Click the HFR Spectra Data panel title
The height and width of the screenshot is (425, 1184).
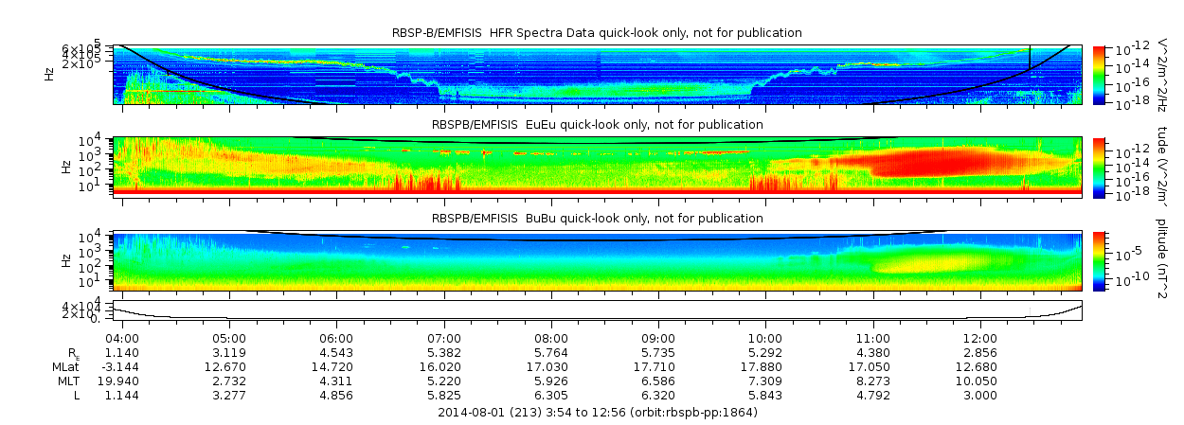click(x=597, y=33)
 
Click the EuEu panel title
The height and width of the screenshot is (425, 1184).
click(x=597, y=125)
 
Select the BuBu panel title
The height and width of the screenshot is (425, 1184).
click(x=597, y=219)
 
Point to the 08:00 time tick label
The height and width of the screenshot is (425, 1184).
click(x=551, y=338)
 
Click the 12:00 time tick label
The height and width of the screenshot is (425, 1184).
click(x=979, y=338)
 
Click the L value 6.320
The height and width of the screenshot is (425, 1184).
click(x=658, y=394)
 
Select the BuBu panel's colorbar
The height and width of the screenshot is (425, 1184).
click(x=1099, y=260)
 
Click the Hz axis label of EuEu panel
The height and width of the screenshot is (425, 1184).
click(x=65, y=166)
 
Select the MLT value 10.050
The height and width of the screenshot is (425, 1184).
click(x=979, y=380)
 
